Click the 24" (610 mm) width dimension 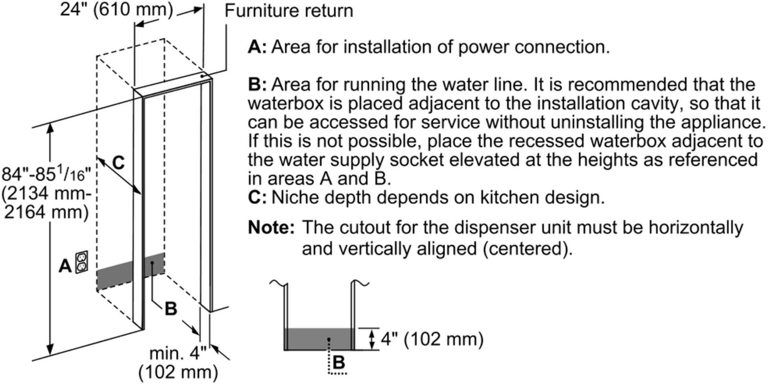[x=116, y=10]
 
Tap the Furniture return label [x=289, y=11]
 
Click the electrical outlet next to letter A [x=82, y=262]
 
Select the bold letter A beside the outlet [x=65, y=266]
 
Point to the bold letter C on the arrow [x=118, y=163]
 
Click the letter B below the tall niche [x=171, y=309]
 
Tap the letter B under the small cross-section [x=339, y=363]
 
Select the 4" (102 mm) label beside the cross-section [x=432, y=339]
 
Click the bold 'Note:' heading [x=271, y=228]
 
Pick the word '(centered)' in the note [x=527, y=249]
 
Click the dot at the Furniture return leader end [x=202, y=76]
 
